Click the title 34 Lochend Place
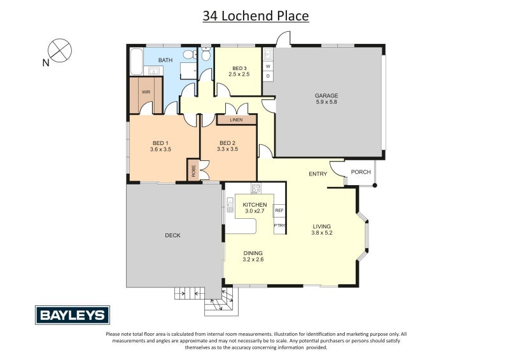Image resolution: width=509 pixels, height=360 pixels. point(256,16)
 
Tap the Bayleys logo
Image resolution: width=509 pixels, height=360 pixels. point(72,315)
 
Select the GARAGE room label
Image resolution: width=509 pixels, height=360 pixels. point(326,96)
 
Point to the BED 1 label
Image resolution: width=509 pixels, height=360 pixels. point(160,142)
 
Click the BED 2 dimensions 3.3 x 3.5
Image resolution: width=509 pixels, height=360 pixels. point(227,149)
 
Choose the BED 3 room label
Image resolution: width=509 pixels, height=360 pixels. point(240,68)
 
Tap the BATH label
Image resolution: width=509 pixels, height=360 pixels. point(165,60)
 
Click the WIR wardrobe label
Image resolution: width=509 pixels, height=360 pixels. point(146,92)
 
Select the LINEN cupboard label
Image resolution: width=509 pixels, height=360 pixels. point(236,120)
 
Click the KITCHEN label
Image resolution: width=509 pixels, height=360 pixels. point(254,205)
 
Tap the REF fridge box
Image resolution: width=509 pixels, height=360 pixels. point(279,210)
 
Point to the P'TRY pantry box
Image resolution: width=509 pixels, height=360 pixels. point(279,226)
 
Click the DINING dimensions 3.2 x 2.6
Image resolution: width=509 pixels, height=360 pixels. point(253,260)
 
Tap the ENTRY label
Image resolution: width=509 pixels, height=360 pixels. point(317,174)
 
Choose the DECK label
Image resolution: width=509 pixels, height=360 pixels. point(172,235)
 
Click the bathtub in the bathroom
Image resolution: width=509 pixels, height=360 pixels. point(135,62)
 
